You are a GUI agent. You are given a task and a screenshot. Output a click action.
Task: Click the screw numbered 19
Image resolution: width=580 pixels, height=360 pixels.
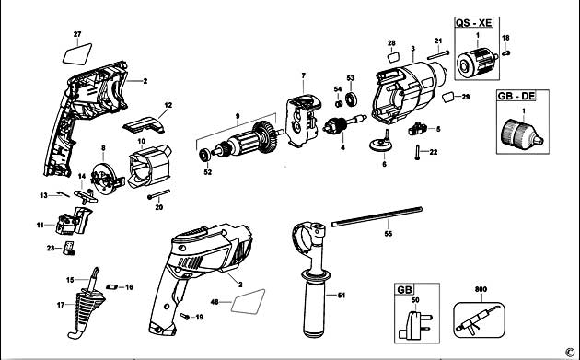tap(183, 315)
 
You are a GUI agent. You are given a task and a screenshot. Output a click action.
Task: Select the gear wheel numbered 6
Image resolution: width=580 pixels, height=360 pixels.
tap(383, 148)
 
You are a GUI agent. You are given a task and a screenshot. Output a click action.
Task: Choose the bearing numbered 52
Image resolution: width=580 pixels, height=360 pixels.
tap(203, 154)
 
